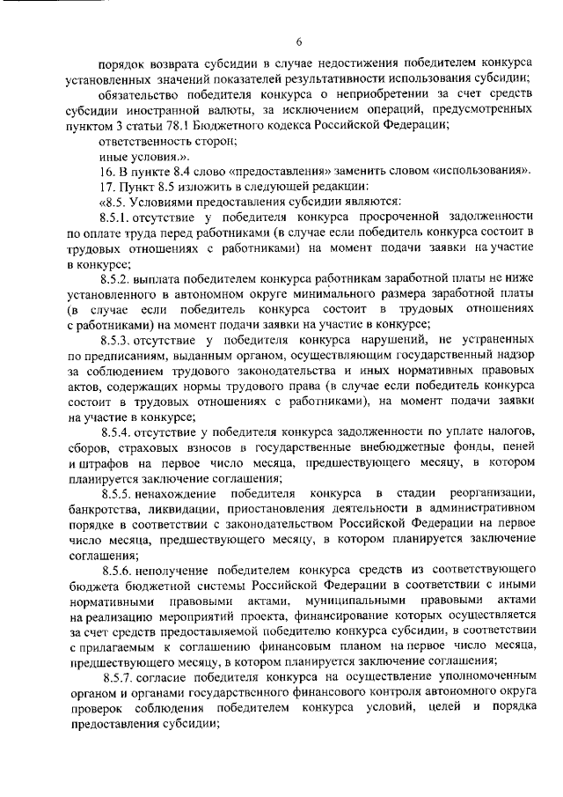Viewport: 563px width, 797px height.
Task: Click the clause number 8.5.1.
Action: pos(116,215)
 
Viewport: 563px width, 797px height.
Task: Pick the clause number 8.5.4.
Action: pos(116,429)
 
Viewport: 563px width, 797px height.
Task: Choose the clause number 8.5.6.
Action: pos(116,568)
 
